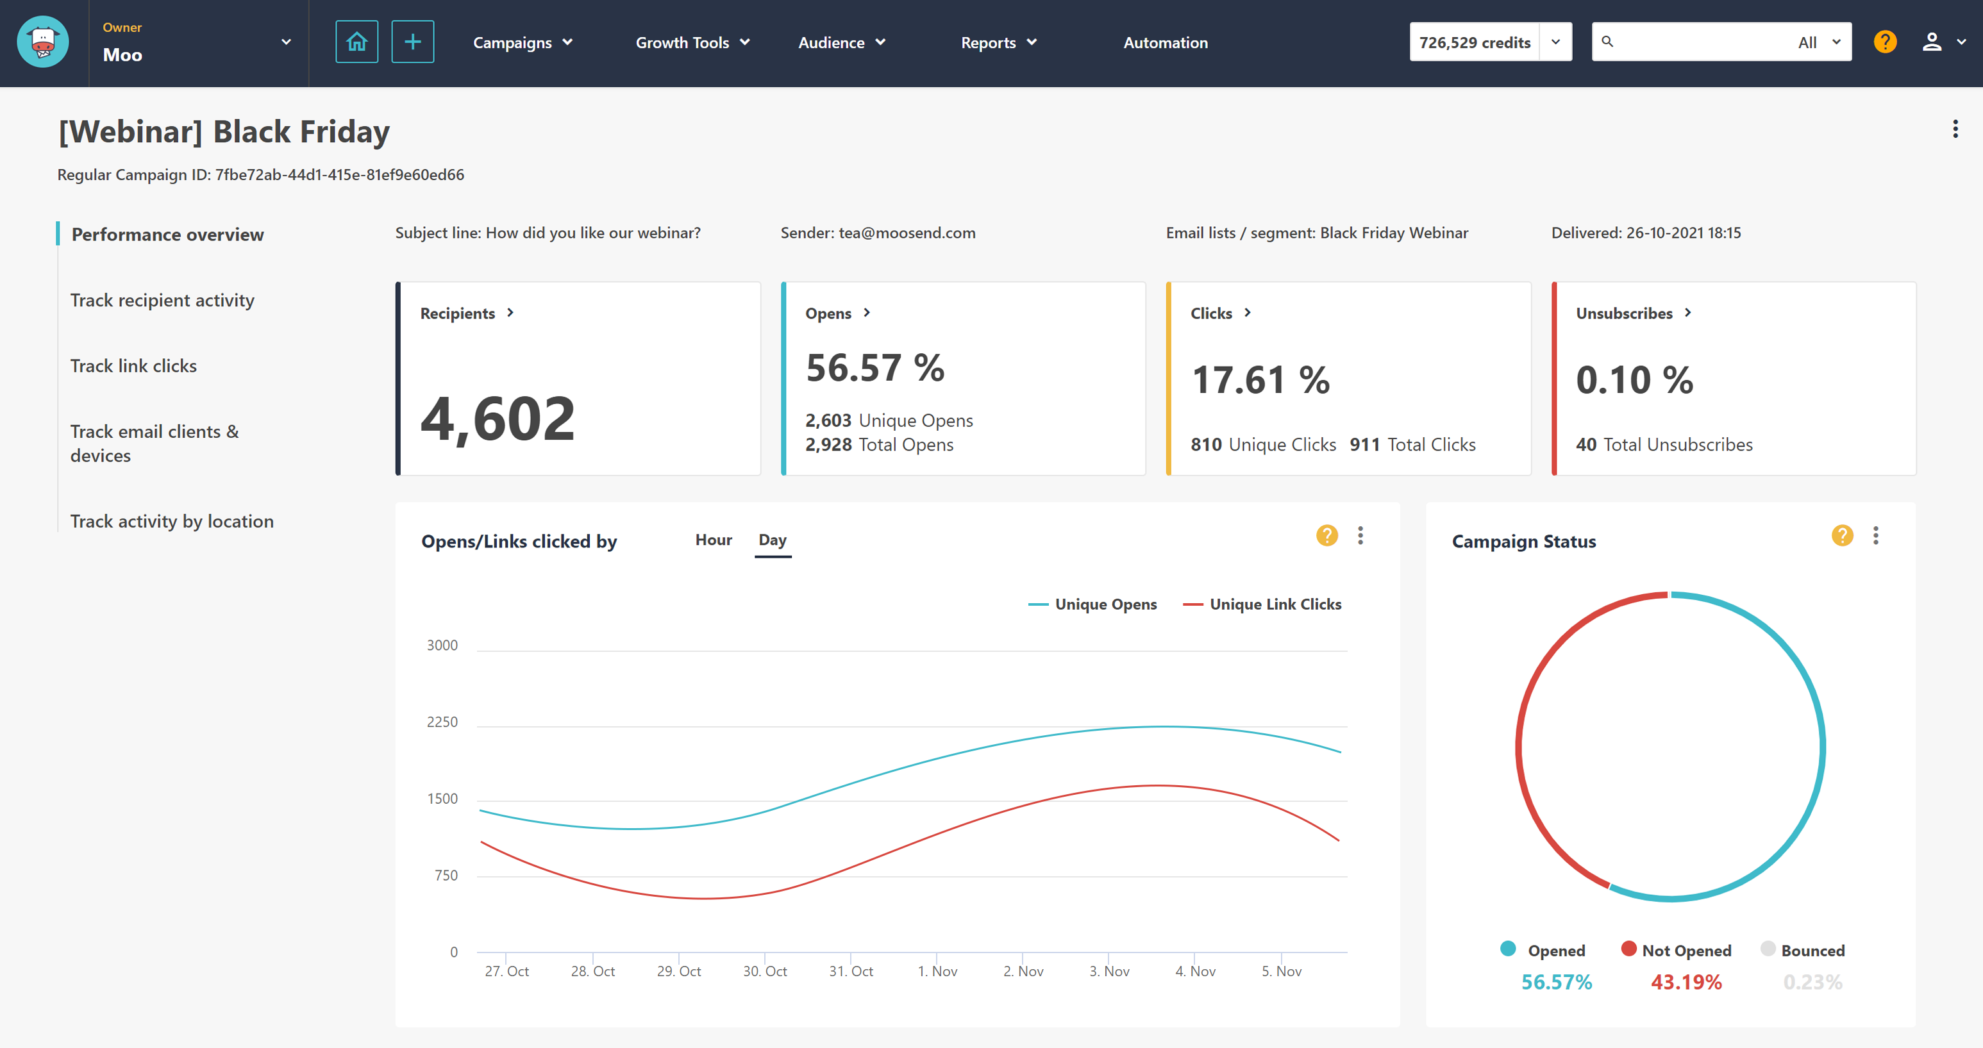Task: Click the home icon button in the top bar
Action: pos(356,42)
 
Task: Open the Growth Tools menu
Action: pos(691,42)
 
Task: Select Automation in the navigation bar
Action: pos(1165,42)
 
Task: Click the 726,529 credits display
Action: pos(1473,42)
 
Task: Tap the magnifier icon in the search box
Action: pos(1607,42)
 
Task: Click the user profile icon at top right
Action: pos(1932,42)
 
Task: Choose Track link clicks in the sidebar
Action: pos(133,365)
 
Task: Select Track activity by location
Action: pos(172,521)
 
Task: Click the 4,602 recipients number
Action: pos(498,419)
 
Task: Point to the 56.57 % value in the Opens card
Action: pos(874,368)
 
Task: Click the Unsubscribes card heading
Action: pos(1623,313)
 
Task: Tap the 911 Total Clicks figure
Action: pos(1412,444)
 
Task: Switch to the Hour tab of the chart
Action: pos(713,540)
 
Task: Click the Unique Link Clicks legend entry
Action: pos(1274,604)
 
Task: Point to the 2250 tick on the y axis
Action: pos(442,722)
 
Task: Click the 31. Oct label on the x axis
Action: pos(851,971)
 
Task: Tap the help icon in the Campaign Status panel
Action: pos(1841,536)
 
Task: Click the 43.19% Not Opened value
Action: pos(1685,982)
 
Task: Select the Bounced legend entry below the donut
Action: pos(1811,951)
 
